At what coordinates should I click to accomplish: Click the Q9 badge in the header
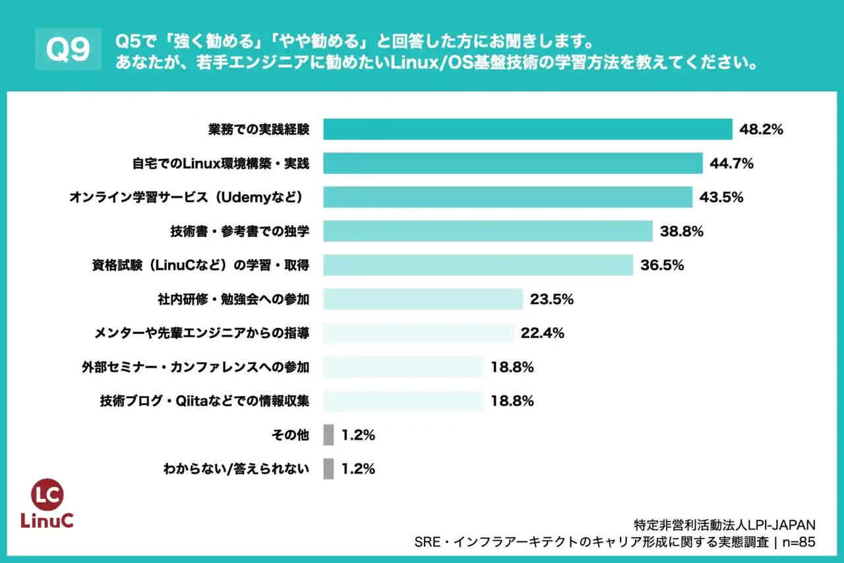click(69, 50)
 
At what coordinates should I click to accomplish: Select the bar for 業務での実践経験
click(527, 129)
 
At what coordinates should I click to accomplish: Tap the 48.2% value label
click(761, 129)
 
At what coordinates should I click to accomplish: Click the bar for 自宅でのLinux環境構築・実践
click(513, 163)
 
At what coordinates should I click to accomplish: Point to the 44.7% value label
click(732, 163)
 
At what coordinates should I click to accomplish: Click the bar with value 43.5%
click(508, 197)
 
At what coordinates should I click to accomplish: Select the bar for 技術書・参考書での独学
click(488, 231)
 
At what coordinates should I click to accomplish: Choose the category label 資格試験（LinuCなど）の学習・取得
click(200, 265)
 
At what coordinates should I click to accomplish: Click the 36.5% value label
click(662, 265)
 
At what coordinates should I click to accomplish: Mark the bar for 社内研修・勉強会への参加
click(423, 299)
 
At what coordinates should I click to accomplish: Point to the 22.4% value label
click(542, 333)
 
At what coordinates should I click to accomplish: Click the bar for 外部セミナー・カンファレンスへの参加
click(403, 367)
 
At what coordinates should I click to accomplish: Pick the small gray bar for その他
click(328, 435)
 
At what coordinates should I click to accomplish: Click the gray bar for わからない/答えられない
click(328, 469)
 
